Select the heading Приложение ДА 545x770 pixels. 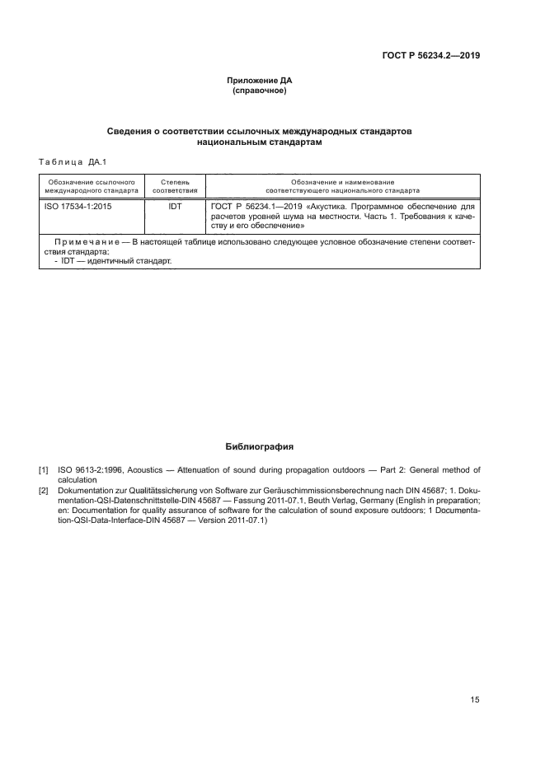pos(260,81)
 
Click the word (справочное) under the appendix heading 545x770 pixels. pos(260,91)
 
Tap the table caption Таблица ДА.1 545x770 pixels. pos(73,162)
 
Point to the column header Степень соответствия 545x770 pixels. pos(175,185)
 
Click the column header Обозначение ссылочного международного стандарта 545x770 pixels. pos(92,185)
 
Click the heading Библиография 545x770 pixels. pos(260,446)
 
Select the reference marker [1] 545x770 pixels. pos(44,470)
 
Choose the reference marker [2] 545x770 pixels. pos(44,490)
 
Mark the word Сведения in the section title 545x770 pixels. pos(132,132)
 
